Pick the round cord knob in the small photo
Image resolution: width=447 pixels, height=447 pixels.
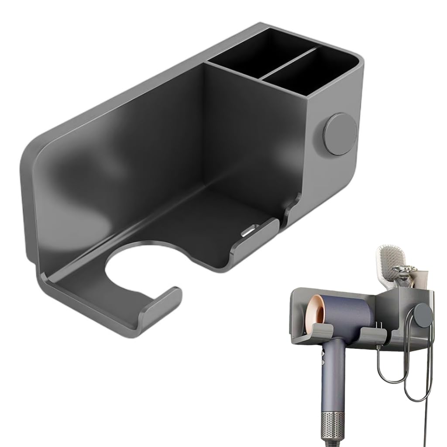[x=422, y=315]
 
